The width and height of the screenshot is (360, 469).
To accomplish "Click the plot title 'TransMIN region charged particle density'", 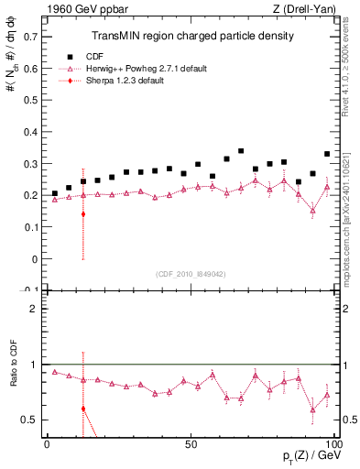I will click(192, 36).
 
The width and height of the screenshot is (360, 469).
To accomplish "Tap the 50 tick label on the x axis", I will click(191, 443).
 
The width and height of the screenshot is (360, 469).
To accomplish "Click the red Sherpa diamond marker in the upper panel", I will click(83, 214).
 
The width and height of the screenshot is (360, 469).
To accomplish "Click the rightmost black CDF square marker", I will click(327, 154).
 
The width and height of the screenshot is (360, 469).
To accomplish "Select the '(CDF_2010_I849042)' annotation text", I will click(192, 272).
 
